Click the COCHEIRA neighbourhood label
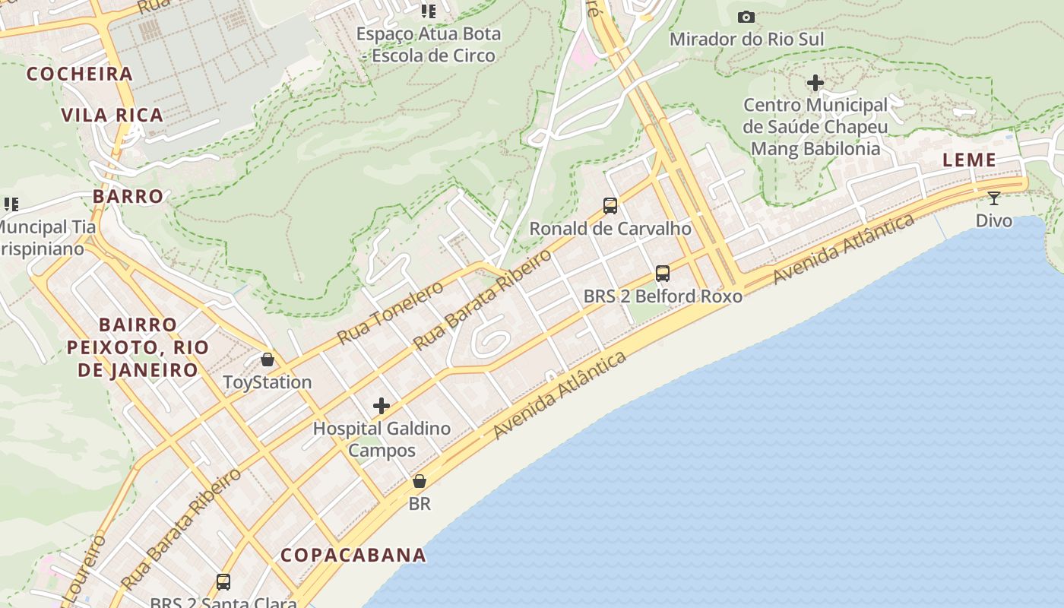(x=80, y=74)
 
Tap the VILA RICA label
(x=112, y=116)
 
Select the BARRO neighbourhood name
(x=128, y=196)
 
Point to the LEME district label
(x=969, y=160)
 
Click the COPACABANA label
(x=353, y=556)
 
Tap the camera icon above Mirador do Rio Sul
(x=746, y=17)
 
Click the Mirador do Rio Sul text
(x=746, y=39)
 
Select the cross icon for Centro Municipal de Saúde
(x=815, y=82)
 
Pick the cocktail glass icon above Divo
(x=993, y=198)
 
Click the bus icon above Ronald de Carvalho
(x=610, y=205)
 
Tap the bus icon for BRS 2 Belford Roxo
(x=663, y=273)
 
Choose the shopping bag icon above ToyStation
(x=268, y=359)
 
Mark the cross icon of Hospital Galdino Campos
(x=382, y=406)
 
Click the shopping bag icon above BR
(x=419, y=481)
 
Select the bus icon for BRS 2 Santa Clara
(x=223, y=582)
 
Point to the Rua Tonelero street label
(x=390, y=312)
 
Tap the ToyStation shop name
(x=268, y=382)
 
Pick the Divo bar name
(x=994, y=221)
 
